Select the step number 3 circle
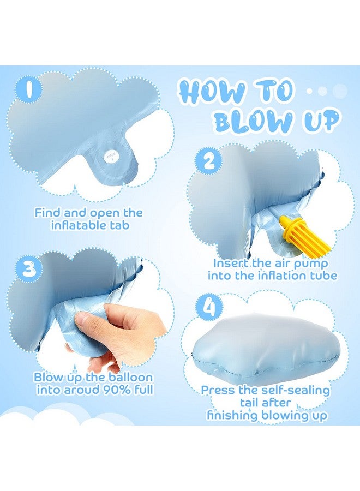tap(27, 268)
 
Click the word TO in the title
tap(275, 91)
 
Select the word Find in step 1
tap(47, 212)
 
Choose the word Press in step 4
tap(218, 390)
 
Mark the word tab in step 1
tap(120, 225)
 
